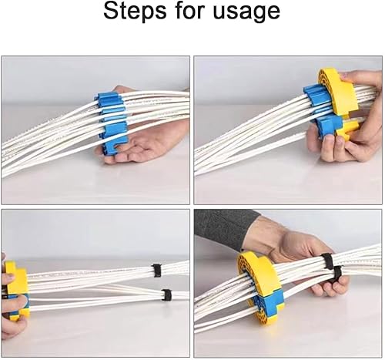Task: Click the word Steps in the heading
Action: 135,12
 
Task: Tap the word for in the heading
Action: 190,10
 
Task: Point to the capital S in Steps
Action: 111,10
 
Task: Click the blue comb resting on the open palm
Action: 112,123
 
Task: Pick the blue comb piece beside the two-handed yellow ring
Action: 323,110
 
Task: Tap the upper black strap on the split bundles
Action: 156,271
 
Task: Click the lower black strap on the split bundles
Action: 166,295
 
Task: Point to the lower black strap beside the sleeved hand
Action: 336,274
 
